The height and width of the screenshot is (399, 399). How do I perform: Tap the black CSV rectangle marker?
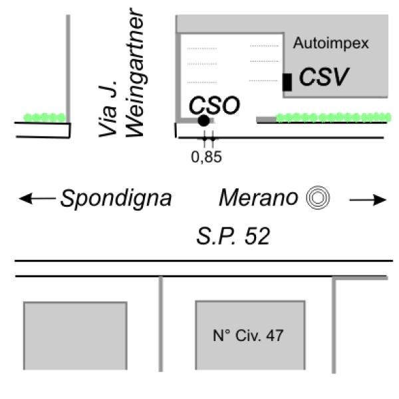pos(287,82)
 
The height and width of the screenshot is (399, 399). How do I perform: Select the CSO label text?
pos(213,105)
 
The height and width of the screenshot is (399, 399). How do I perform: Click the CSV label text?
pos(324,77)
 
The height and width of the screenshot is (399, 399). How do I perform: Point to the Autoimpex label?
pos(331,44)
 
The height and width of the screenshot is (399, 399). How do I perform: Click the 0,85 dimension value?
pos(206,158)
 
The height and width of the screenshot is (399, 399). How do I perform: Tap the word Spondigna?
pos(116,198)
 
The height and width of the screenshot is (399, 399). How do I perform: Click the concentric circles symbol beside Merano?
pos(318,198)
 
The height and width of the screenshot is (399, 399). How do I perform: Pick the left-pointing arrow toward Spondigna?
pos(37,198)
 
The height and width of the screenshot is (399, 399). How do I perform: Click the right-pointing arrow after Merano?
pos(368,199)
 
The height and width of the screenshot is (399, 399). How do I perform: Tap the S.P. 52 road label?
pos(233,235)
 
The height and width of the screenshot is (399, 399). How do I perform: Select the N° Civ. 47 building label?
pos(248,336)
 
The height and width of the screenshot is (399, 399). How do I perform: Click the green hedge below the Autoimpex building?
pos(333,118)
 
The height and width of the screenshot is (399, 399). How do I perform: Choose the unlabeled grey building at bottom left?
pos(75,335)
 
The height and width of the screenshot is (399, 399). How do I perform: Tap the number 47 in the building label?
pos(275,336)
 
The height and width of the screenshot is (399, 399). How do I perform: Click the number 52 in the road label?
pos(258,235)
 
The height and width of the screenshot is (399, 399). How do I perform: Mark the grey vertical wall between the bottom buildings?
pos(161,324)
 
